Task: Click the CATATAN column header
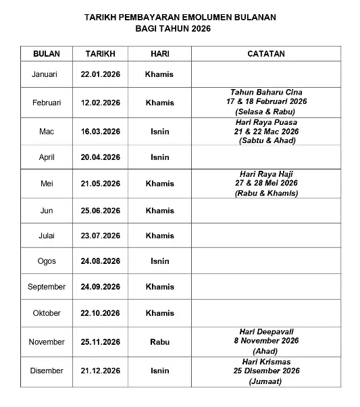pyautogui.click(x=266, y=53)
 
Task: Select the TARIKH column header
pyautogui.click(x=101, y=53)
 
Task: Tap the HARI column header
pyautogui.click(x=159, y=53)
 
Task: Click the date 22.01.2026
pyautogui.click(x=101, y=74)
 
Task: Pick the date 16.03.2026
pyautogui.click(x=101, y=132)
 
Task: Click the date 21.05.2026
pyautogui.click(x=101, y=184)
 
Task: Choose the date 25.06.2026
pyautogui.click(x=101, y=211)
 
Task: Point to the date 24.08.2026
pyautogui.click(x=101, y=261)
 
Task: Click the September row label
pyautogui.click(x=47, y=287)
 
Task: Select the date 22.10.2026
pyautogui.click(x=101, y=313)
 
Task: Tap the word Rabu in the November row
pyautogui.click(x=159, y=342)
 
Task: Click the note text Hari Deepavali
pyautogui.click(x=266, y=331)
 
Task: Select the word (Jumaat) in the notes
pyautogui.click(x=266, y=381)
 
